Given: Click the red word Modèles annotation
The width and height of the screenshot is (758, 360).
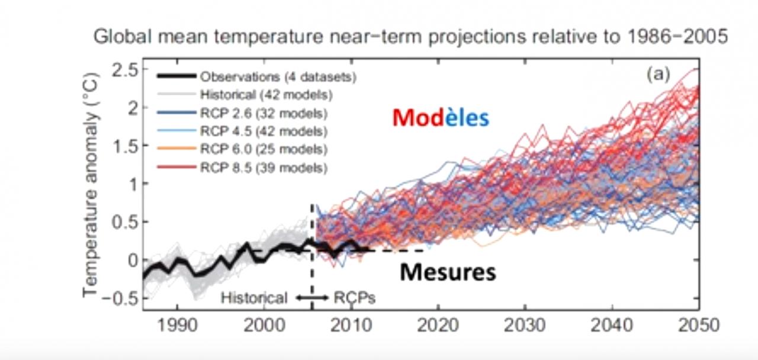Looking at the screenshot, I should click(x=440, y=118).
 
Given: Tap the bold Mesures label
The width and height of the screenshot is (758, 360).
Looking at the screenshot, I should click(x=447, y=272).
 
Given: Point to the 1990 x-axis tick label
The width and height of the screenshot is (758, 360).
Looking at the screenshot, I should click(x=177, y=325).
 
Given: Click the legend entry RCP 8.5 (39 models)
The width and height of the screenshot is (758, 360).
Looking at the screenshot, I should click(x=264, y=168).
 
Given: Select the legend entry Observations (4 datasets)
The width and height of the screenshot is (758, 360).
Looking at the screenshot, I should click(x=278, y=76).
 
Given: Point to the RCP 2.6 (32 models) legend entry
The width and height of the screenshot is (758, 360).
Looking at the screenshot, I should click(x=264, y=112).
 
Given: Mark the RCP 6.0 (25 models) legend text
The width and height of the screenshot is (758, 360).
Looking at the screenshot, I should click(x=264, y=149).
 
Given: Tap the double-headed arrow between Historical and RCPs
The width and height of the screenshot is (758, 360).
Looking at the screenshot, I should click(x=312, y=297).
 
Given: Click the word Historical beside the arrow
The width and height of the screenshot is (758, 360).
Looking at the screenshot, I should click(x=254, y=297).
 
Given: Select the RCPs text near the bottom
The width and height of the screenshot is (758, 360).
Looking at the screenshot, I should click(x=355, y=297).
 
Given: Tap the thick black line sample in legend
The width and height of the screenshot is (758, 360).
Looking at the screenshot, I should click(x=176, y=76).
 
